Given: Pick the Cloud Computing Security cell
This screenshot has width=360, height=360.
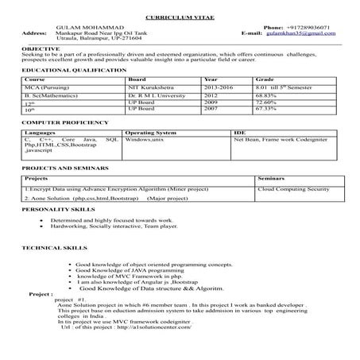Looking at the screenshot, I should point(293,190).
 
